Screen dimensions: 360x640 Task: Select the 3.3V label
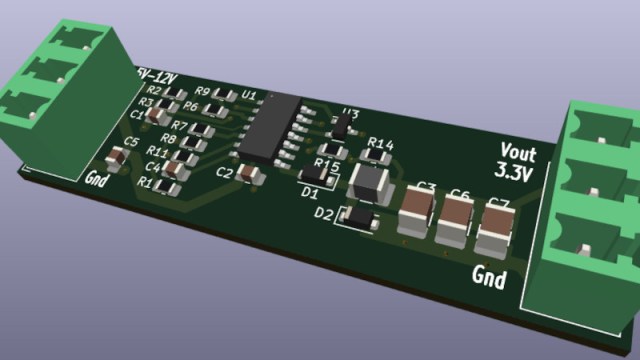(x=514, y=172)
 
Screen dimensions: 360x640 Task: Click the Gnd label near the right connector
(x=488, y=275)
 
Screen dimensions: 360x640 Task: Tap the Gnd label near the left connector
(x=97, y=179)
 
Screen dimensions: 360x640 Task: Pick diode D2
(x=358, y=217)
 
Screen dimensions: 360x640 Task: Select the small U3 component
(x=343, y=127)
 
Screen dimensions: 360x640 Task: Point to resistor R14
(x=378, y=156)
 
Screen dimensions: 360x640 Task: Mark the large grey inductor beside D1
(x=371, y=181)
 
